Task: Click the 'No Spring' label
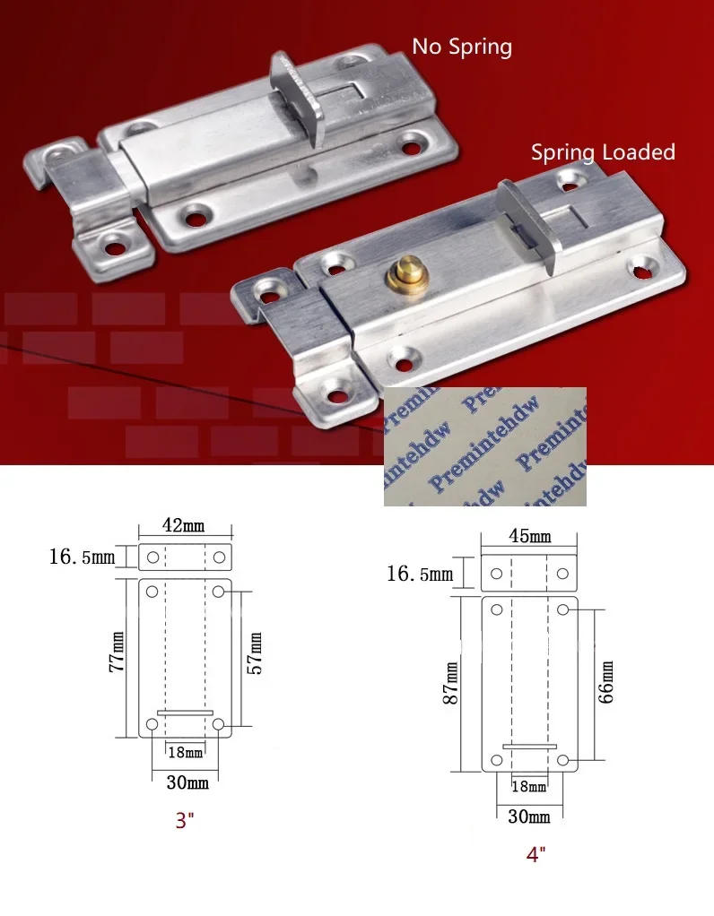(462, 47)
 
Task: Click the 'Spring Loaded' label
(603, 152)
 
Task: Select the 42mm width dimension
(184, 525)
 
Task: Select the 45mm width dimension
(530, 536)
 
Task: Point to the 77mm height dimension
(117, 652)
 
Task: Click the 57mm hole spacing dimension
(255, 653)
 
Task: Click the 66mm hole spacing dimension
(606, 682)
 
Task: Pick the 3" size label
(185, 820)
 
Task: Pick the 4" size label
(535, 854)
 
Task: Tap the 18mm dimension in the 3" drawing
(186, 753)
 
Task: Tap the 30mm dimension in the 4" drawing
(529, 817)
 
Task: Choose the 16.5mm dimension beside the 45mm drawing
(420, 574)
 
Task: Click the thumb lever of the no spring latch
(298, 99)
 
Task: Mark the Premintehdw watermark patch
(484, 446)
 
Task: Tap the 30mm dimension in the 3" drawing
(187, 782)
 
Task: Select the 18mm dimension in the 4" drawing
(528, 786)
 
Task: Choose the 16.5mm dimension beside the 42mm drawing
(83, 557)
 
